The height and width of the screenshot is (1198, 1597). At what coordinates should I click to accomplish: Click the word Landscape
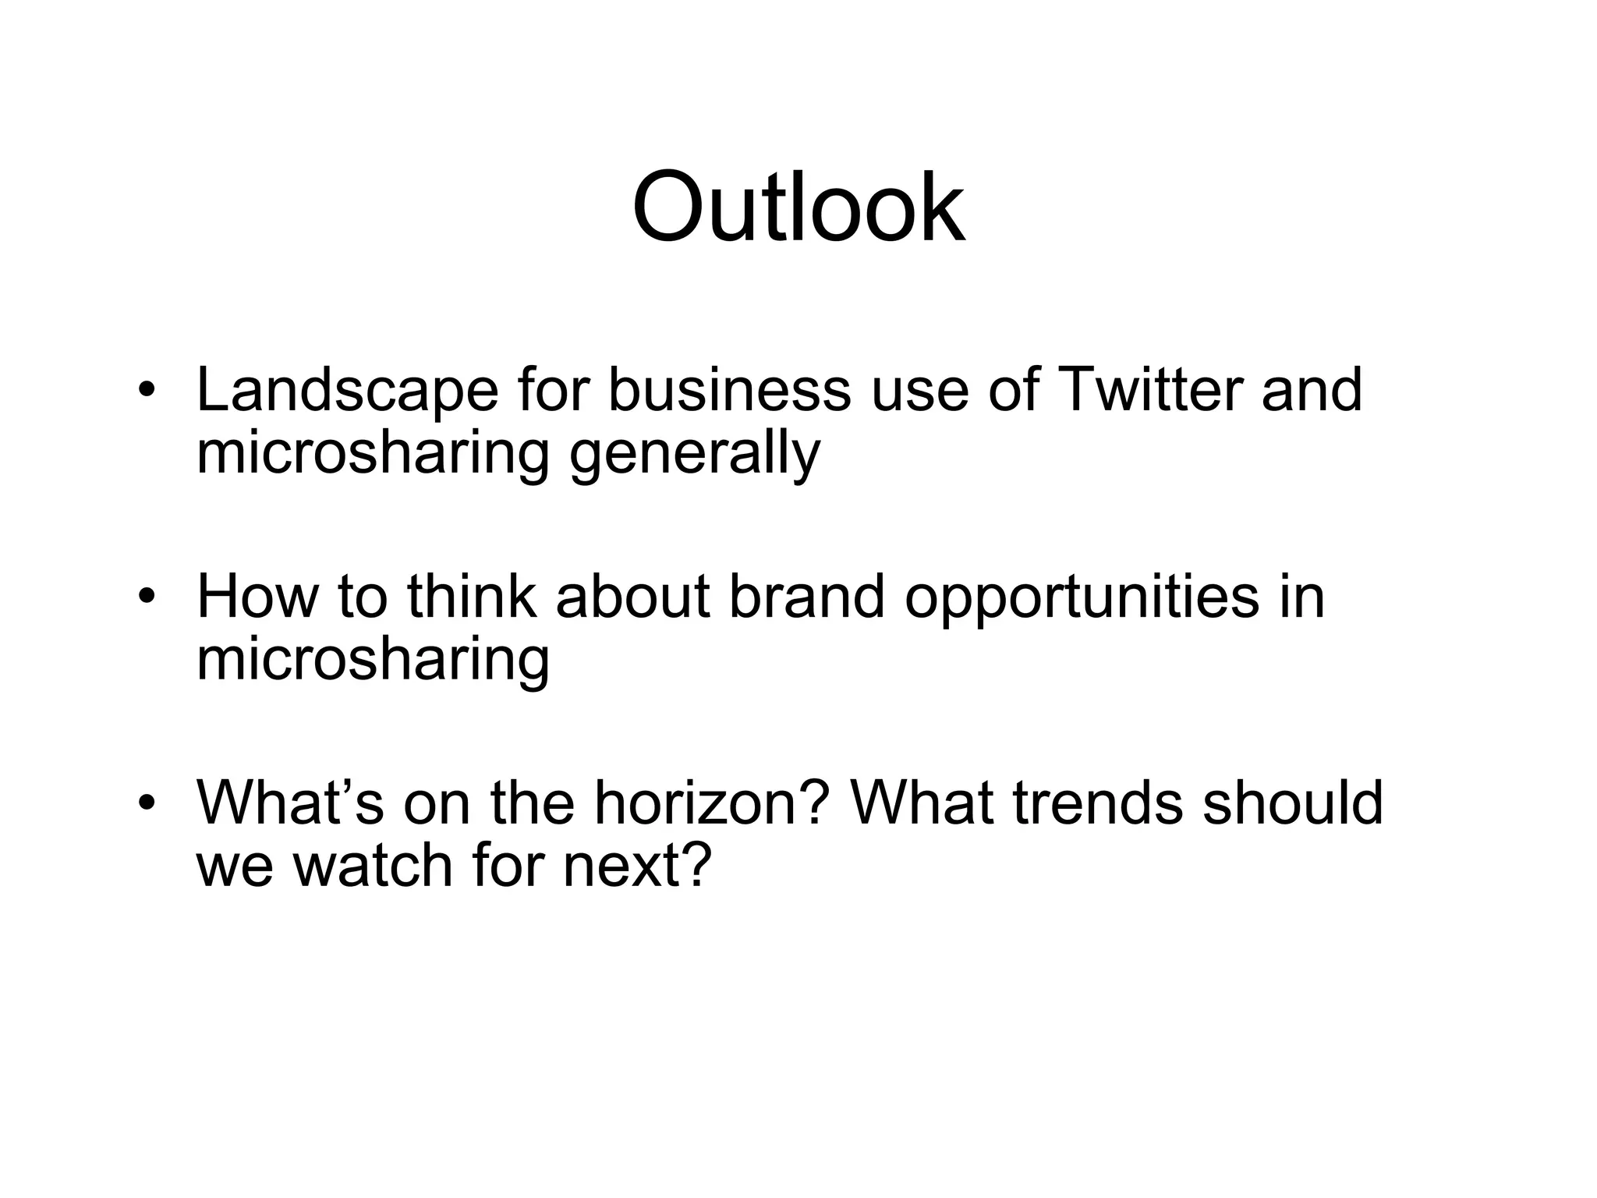pyautogui.click(x=347, y=391)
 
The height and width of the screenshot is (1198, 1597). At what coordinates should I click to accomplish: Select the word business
pyautogui.click(x=728, y=389)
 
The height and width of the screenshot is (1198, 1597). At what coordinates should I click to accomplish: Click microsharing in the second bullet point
pyautogui.click(x=373, y=661)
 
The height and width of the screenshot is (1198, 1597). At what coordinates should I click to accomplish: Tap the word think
pyautogui.click(x=471, y=597)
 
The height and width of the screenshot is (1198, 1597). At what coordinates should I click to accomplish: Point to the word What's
pyautogui.click(x=289, y=803)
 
